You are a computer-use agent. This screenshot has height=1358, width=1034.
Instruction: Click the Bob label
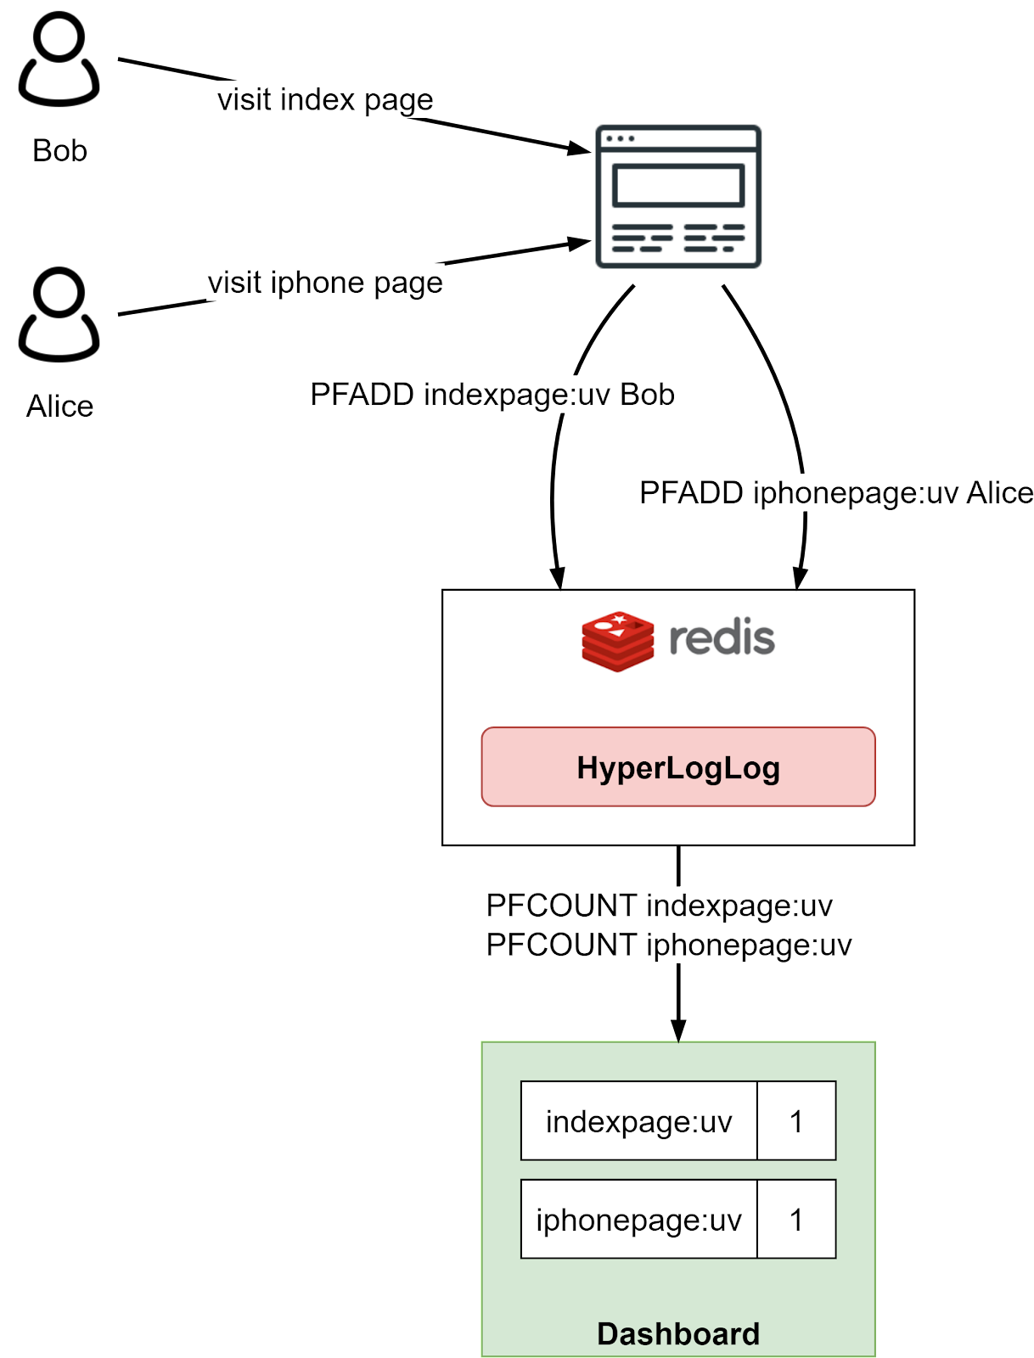[59, 151]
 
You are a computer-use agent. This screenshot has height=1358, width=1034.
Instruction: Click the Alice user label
[59, 406]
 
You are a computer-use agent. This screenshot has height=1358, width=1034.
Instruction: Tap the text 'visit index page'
[324, 99]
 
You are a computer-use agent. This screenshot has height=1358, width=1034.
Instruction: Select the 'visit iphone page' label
[324, 282]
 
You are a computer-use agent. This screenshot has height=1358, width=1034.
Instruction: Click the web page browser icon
[678, 197]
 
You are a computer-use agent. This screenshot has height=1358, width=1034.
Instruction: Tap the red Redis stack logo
[617, 641]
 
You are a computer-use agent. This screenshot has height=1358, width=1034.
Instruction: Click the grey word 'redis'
[722, 637]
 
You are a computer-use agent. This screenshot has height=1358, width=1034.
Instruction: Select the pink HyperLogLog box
[677, 766]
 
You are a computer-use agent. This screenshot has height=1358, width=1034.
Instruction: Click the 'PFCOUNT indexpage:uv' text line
[659, 906]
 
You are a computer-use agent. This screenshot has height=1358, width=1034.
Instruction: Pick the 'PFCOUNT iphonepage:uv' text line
[667, 945]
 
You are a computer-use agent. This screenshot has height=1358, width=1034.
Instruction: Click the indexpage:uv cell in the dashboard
[638, 1121]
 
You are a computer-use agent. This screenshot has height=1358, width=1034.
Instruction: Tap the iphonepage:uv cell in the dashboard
[638, 1220]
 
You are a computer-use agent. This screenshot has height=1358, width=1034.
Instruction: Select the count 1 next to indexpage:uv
[796, 1121]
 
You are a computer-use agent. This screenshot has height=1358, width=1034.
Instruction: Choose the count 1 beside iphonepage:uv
[796, 1220]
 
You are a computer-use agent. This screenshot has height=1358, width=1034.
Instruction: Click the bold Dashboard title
[677, 1333]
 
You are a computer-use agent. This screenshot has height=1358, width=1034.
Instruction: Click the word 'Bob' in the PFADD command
[647, 395]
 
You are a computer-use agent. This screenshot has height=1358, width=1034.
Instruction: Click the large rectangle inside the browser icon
[678, 186]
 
